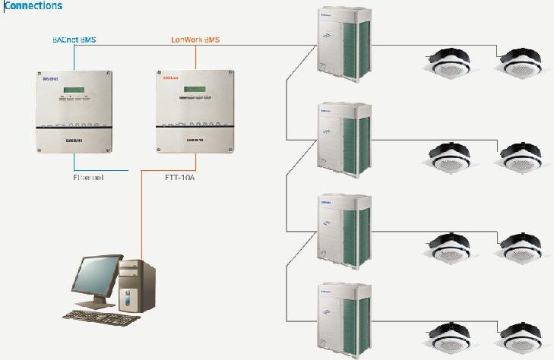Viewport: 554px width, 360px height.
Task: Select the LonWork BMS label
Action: click(x=195, y=39)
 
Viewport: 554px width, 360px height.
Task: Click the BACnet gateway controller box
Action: click(x=74, y=111)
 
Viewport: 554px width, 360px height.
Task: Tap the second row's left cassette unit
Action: click(x=448, y=156)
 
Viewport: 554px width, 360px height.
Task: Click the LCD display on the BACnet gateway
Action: click(x=73, y=91)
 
